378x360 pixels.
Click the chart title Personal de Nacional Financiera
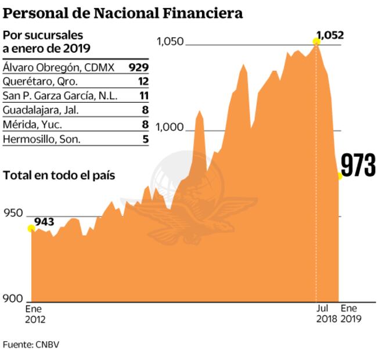coord(123,13)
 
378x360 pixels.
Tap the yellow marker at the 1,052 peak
coord(316,41)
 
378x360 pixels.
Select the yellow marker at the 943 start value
coord(31,228)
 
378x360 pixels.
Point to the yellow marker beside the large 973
coord(340,175)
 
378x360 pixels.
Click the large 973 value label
coord(358,166)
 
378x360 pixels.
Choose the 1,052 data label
coord(330,34)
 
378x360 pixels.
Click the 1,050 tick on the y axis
coord(170,42)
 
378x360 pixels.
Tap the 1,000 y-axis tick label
coord(170,129)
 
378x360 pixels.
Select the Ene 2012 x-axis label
coord(35,314)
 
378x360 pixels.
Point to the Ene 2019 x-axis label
coord(351,314)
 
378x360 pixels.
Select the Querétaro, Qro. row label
coord(40,81)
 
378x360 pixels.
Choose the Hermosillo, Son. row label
coord(42,139)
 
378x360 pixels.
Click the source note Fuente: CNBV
coord(31,344)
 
